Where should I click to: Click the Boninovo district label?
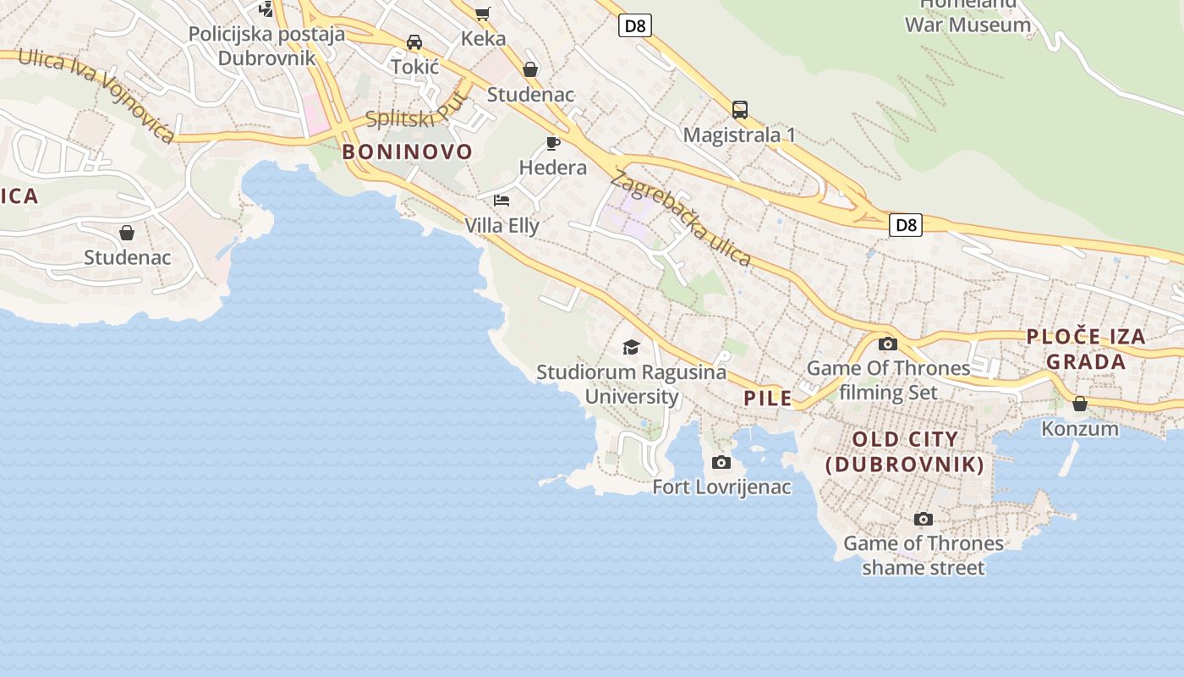click(x=407, y=152)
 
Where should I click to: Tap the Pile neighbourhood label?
click(x=768, y=398)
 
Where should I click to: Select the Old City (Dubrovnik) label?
click(x=905, y=452)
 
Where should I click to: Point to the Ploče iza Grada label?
click(x=1086, y=349)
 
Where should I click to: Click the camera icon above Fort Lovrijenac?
click(x=721, y=462)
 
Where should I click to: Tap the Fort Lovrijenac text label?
click(x=721, y=487)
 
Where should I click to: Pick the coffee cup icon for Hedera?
click(x=553, y=143)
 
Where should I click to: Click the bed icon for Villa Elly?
click(x=502, y=201)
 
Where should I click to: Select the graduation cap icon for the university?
click(x=631, y=347)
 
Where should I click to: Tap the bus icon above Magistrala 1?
click(x=739, y=110)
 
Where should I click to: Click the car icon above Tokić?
click(x=414, y=41)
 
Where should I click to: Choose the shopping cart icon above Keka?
click(x=483, y=13)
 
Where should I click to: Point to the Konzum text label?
click(x=1079, y=428)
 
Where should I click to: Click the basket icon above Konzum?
click(x=1079, y=404)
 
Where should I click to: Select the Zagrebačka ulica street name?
click(x=680, y=218)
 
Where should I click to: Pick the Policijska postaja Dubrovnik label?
click(x=266, y=46)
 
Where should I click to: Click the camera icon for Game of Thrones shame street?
click(x=924, y=519)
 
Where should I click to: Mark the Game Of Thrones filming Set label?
click(x=888, y=380)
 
